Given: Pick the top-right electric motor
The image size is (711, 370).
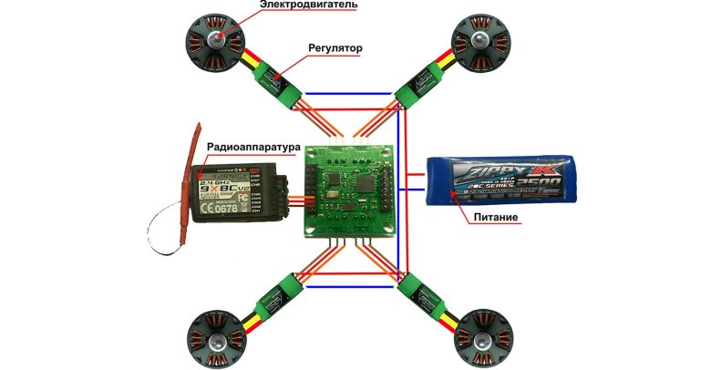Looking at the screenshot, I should [x=477, y=41].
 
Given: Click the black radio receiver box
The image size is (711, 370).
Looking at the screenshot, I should [x=239, y=192].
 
